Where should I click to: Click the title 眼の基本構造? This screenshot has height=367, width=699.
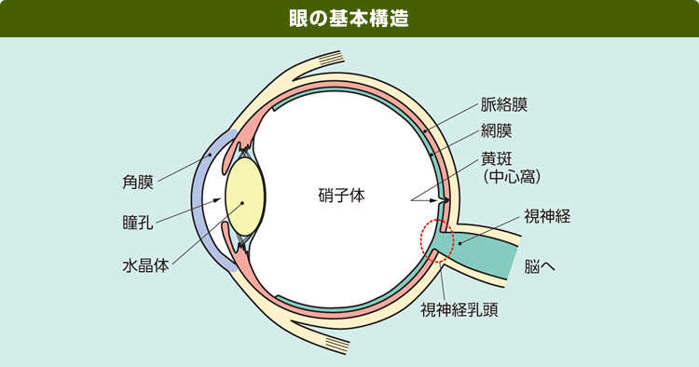349,19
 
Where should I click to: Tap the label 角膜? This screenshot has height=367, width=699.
138,181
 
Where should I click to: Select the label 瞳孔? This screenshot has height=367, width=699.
138,224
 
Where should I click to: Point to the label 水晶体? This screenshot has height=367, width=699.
146,265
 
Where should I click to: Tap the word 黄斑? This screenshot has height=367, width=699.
496,157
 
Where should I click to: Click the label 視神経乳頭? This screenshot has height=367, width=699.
459,309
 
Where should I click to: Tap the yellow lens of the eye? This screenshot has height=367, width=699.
245,197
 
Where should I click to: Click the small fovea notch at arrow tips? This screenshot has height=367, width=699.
446,198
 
